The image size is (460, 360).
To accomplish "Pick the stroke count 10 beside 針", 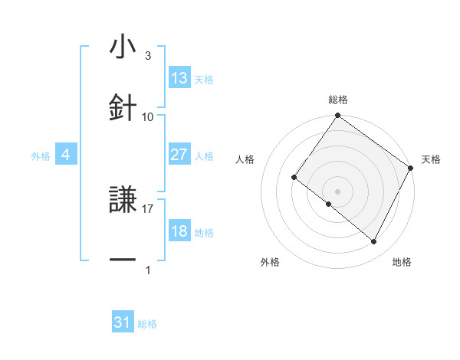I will tap(148, 116).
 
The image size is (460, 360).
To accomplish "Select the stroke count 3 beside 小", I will tap(148, 56).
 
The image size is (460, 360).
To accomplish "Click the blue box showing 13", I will tap(179, 78).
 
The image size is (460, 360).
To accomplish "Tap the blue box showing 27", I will tap(179, 155).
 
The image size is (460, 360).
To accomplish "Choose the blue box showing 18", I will tap(179, 231).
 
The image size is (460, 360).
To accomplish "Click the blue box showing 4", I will tap(66, 155).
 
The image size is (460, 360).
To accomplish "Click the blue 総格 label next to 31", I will tap(147, 324).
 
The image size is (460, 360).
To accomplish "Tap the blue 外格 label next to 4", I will tap(41, 156).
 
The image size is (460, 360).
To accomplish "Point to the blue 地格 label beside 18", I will tap(204, 233).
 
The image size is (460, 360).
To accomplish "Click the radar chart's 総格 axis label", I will tap(338, 100).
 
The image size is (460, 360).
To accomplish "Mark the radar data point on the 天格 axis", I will tap(411, 168).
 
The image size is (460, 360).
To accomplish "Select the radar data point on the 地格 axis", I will tap(374, 242).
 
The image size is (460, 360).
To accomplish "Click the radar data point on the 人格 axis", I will tap(294, 178).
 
